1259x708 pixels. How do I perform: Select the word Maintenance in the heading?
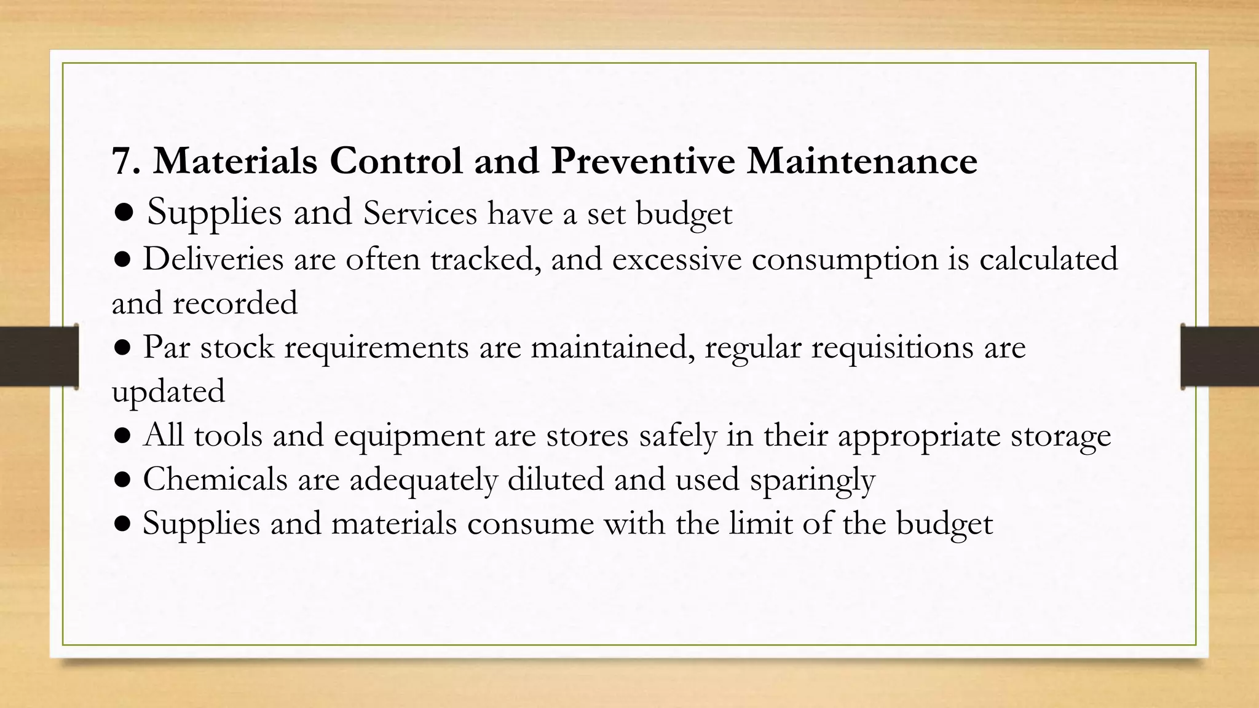pyautogui.click(x=862, y=161)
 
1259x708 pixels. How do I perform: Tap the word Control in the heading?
pyautogui.click(x=396, y=161)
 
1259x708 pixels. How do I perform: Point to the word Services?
pyautogui.click(x=420, y=213)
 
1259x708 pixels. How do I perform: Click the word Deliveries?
pyautogui.click(x=213, y=259)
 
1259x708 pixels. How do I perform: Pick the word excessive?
pyautogui.click(x=677, y=259)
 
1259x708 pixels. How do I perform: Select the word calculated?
pyautogui.click(x=1048, y=259)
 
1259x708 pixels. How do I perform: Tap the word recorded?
pyautogui.click(x=235, y=303)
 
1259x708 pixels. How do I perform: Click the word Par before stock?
pyautogui.click(x=167, y=347)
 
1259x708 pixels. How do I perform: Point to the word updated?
pyautogui.click(x=168, y=392)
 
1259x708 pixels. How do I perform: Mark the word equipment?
pyautogui.click(x=409, y=436)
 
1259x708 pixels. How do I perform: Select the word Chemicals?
pyautogui.click(x=215, y=479)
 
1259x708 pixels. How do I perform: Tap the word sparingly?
pyautogui.click(x=811, y=481)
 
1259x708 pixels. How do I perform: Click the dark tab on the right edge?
pyautogui.click(x=1220, y=356)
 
